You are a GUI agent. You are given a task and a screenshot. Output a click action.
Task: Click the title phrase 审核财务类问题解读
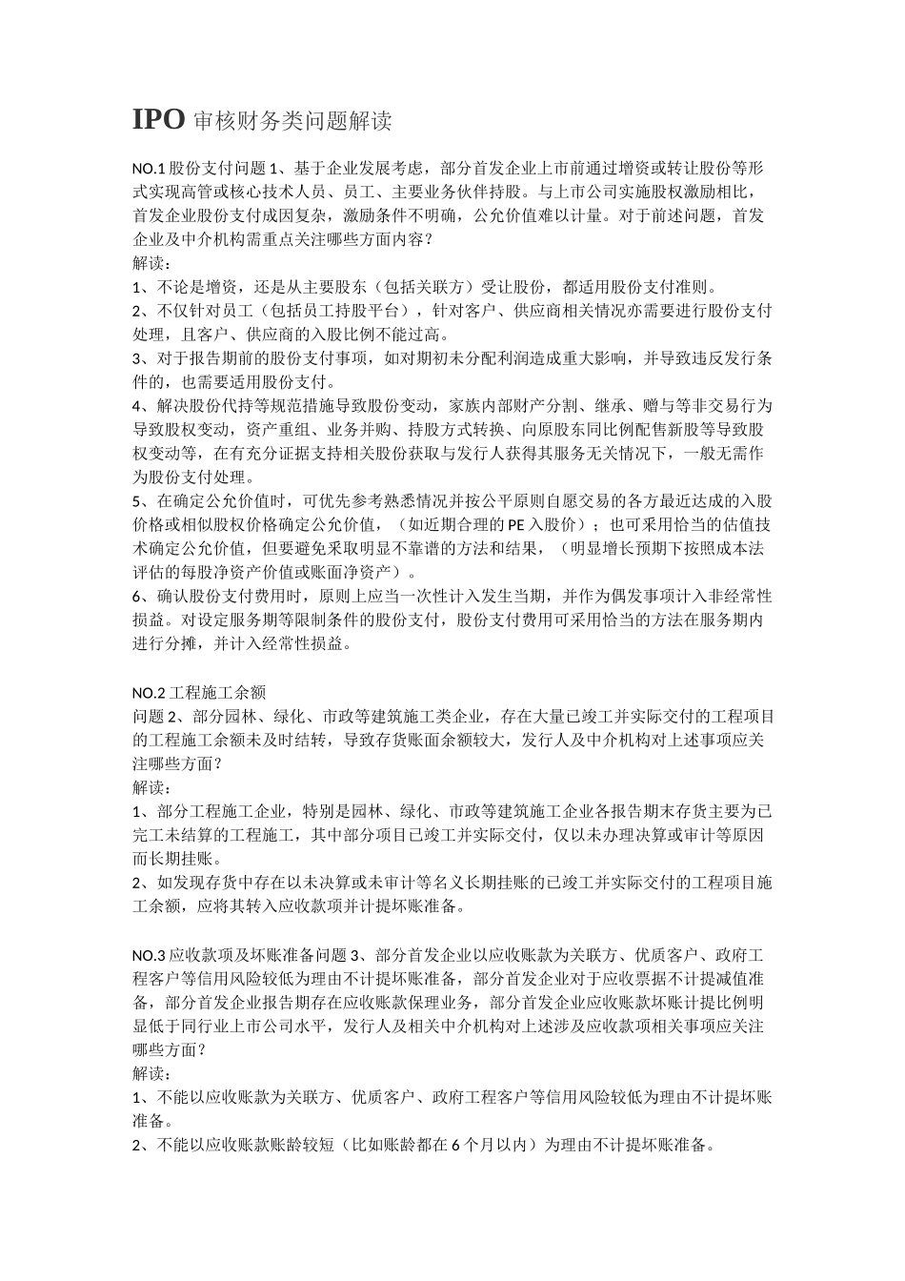tap(292, 121)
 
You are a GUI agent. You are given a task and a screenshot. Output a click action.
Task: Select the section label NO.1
tap(150, 168)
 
